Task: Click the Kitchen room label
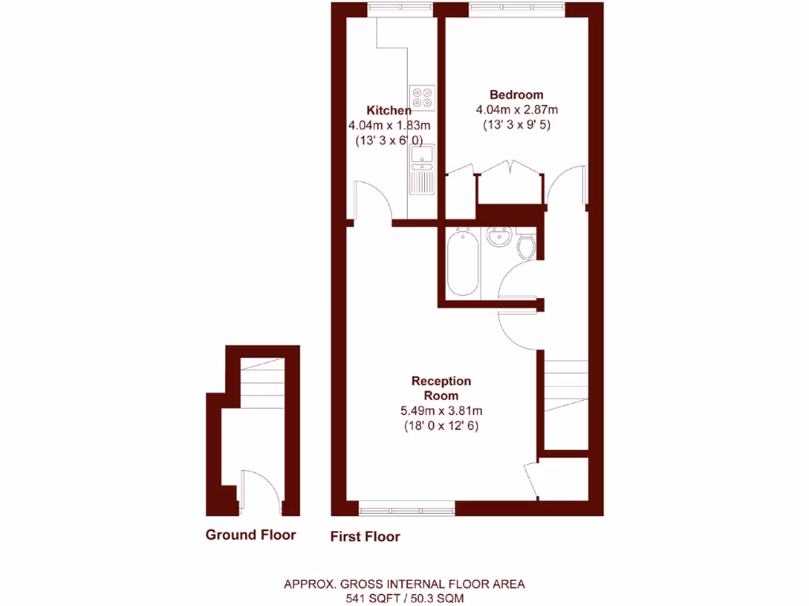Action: [x=389, y=110]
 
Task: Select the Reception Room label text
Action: [x=441, y=388]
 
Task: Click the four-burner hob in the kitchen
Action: [x=423, y=97]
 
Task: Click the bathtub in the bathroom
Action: [x=463, y=263]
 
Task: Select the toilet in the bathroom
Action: [x=527, y=247]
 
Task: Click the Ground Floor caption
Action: [x=250, y=535]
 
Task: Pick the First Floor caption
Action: [x=365, y=537]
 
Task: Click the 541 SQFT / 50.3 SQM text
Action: [x=404, y=598]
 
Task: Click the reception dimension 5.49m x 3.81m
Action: [x=441, y=410]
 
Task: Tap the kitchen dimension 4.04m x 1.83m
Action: [x=389, y=125]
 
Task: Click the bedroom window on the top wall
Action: [x=516, y=9]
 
